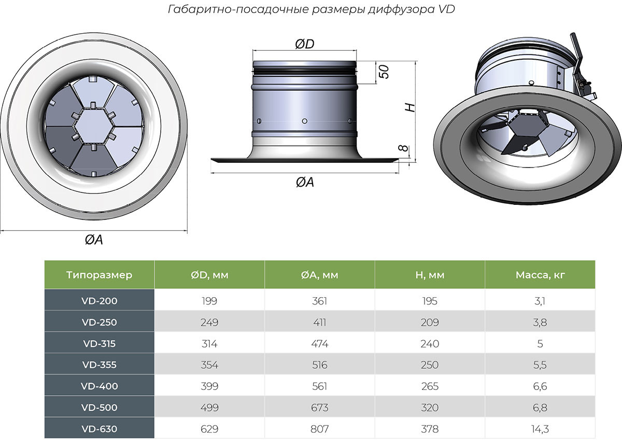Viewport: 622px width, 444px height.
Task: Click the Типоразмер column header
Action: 99,275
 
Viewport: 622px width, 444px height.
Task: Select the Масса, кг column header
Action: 540,275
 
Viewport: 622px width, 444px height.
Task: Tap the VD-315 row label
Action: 99,343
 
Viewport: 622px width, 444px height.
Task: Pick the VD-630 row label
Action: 99,429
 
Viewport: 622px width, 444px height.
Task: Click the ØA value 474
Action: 320,343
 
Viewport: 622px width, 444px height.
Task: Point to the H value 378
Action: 430,429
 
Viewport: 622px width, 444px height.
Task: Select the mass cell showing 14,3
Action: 540,429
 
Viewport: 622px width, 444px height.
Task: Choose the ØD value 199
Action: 209,301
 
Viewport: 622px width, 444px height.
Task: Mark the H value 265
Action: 430,386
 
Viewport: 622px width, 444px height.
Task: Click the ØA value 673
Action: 320,408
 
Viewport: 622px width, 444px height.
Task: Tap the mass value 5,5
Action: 540,365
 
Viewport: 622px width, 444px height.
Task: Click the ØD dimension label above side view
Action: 305,45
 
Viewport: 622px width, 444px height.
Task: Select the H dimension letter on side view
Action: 409,107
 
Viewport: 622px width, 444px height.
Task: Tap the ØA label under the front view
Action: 94,240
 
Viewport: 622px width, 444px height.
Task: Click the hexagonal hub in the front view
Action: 93,127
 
